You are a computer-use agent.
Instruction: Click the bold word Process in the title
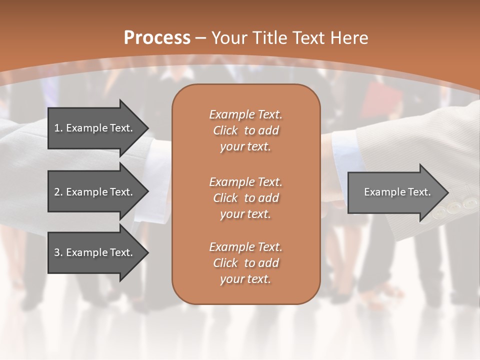[x=157, y=38]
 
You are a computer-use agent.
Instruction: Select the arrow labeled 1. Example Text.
[x=95, y=128]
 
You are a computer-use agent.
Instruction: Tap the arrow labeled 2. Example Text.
[x=95, y=192]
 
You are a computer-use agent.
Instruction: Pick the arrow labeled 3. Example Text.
[x=95, y=252]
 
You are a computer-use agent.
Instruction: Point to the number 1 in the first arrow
[x=57, y=128]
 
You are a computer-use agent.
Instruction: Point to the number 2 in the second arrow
[x=57, y=192]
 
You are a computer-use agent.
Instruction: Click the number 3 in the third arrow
[x=57, y=252]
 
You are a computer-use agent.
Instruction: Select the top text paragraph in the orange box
[x=245, y=130]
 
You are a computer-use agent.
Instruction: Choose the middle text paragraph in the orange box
[x=245, y=198]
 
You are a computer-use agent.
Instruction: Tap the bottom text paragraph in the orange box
[x=245, y=263]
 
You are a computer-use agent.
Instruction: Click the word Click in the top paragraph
[x=225, y=130]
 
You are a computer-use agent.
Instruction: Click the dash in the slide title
[x=201, y=38]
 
